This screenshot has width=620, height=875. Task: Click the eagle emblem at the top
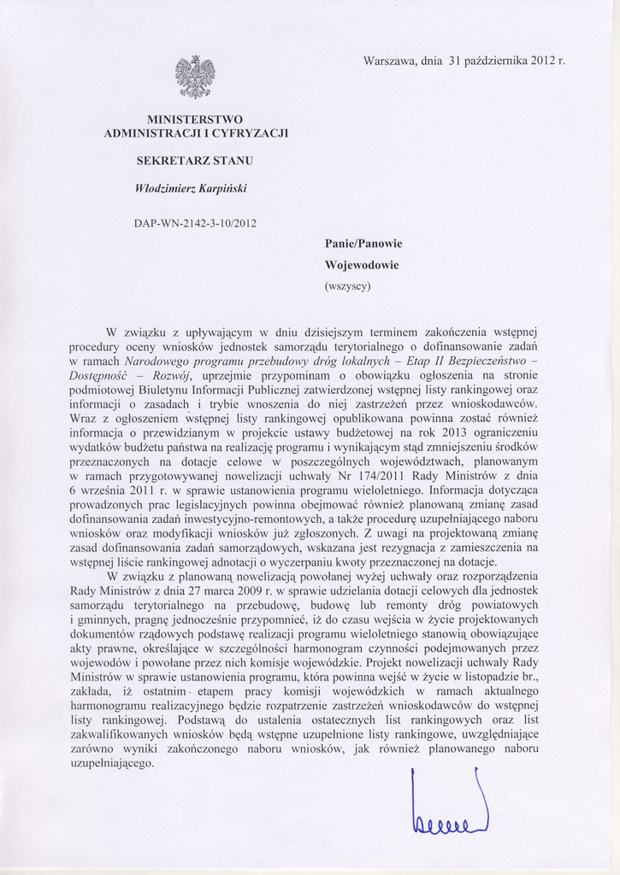point(195,77)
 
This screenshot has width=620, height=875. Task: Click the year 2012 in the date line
point(543,61)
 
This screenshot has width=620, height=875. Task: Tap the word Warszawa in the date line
point(390,61)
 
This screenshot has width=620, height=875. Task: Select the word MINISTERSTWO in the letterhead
point(195,118)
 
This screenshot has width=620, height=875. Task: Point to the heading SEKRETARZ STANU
point(195,160)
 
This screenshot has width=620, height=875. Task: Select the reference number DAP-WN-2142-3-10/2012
point(195,223)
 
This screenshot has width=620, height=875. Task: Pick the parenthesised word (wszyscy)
point(347,286)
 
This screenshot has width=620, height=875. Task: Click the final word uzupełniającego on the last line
point(112,763)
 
